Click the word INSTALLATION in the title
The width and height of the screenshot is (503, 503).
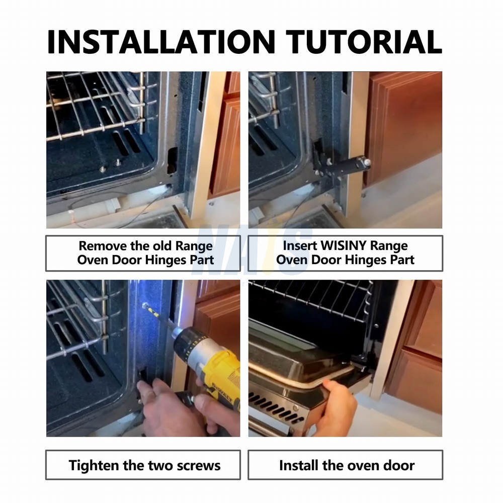[161, 42]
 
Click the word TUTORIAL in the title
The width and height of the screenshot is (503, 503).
[364, 42]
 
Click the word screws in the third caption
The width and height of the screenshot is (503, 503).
[199, 466]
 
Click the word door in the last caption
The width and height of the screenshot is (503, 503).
[399, 465]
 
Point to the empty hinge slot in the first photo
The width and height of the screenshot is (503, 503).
[172, 160]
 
